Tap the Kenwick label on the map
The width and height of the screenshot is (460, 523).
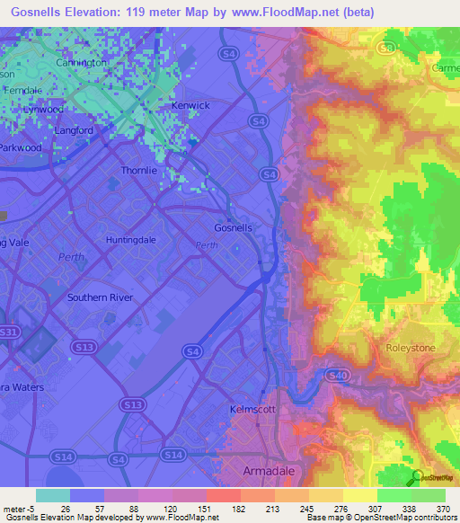coord(190,106)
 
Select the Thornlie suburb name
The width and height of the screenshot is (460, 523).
coord(139,170)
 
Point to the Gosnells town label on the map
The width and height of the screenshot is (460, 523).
coord(234,227)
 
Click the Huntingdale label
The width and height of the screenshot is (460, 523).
coord(131,240)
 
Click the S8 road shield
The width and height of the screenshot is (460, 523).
coord(388,48)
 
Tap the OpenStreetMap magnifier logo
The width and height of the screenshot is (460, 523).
coord(418,478)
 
